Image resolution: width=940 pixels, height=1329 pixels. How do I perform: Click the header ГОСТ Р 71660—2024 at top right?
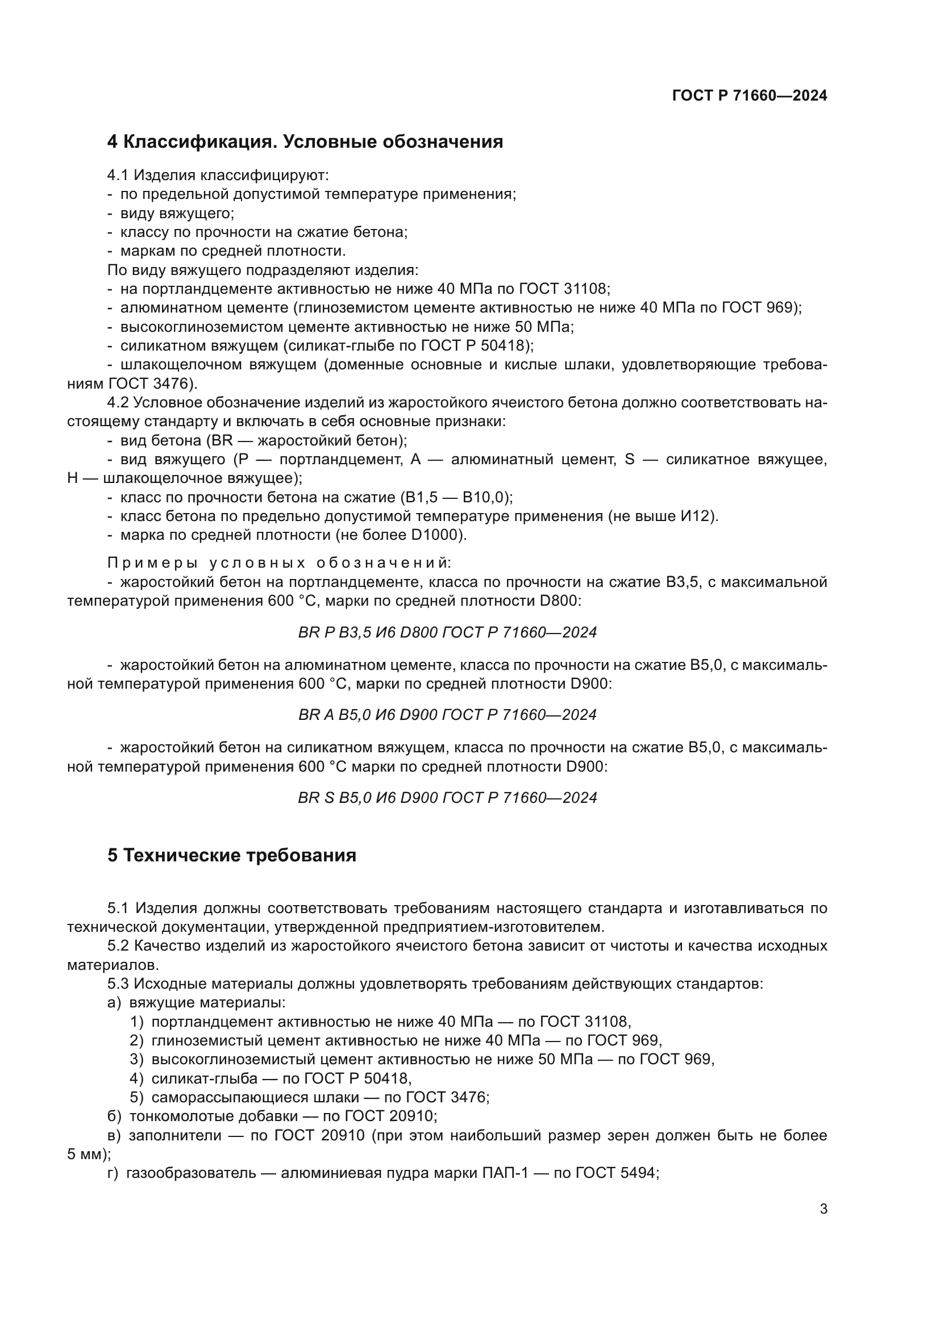pyautogui.click(x=749, y=96)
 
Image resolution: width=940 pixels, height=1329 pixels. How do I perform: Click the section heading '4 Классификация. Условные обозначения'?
pyautogui.click(x=305, y=142)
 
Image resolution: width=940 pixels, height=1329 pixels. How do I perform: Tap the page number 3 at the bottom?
pyautogui.click(x=823, y=1209)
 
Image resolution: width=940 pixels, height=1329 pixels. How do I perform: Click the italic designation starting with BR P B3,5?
pyautogui.click(x=447, y=632)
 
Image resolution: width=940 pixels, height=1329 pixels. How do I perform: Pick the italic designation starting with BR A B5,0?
pyautogui.click(x=447, y=715)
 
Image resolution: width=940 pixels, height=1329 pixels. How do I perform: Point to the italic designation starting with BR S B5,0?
pyautogui.click(x=447, y=798)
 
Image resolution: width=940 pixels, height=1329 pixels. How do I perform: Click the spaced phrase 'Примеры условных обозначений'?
pyautogui.click(x=279, y=563)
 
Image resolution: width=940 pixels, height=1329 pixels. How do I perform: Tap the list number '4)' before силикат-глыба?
pyautogui.click(x=136, y=1078)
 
